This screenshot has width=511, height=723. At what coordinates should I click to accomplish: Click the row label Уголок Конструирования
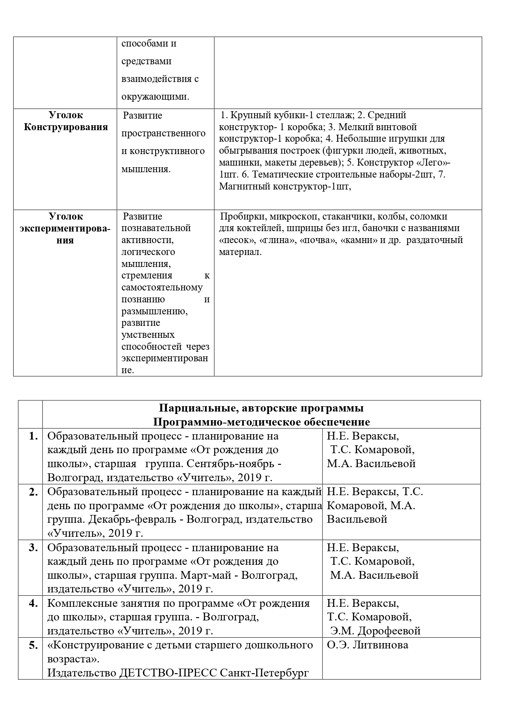click(66, 121)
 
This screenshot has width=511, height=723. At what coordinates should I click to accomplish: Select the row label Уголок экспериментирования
click(66, 228)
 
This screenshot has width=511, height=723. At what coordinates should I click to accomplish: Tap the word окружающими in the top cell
click(156, 97)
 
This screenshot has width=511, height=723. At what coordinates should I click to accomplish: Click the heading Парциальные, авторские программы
click(261, 408)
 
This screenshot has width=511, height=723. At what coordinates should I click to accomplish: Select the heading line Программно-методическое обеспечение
click(261, 422)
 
